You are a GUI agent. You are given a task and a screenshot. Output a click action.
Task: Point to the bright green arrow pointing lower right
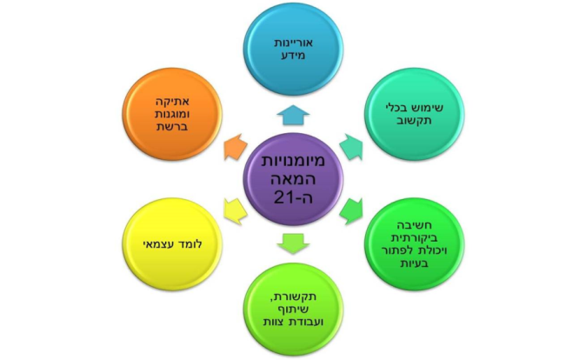click(x=350, y=210)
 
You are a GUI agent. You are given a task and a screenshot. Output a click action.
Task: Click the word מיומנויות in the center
click(x=296, y=161)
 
